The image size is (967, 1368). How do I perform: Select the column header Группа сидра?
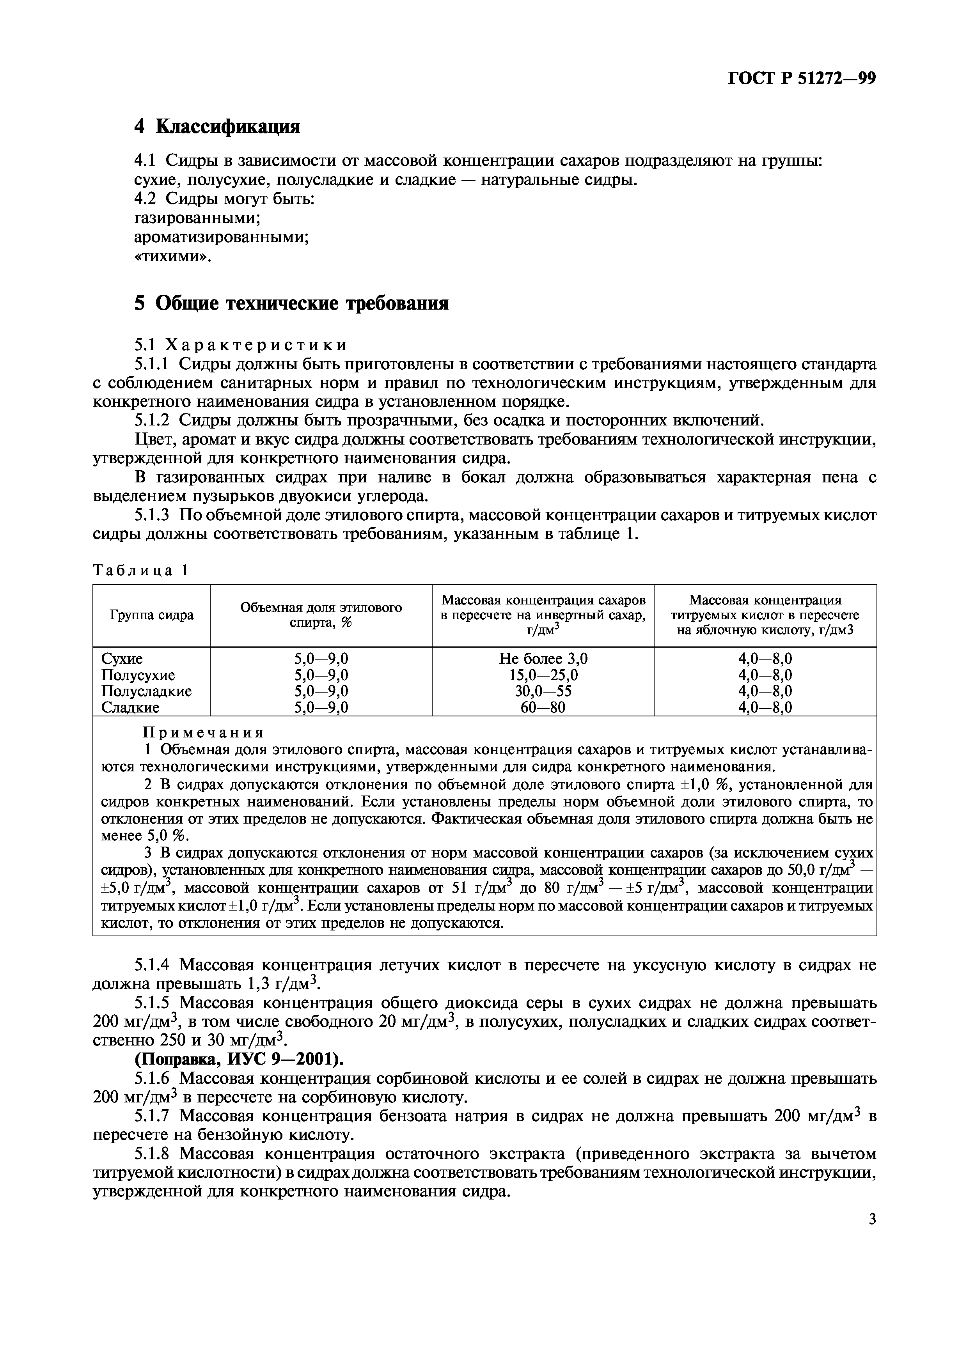(x=151, y=615)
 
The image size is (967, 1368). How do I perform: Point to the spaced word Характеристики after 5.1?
(x=256, y=345)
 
